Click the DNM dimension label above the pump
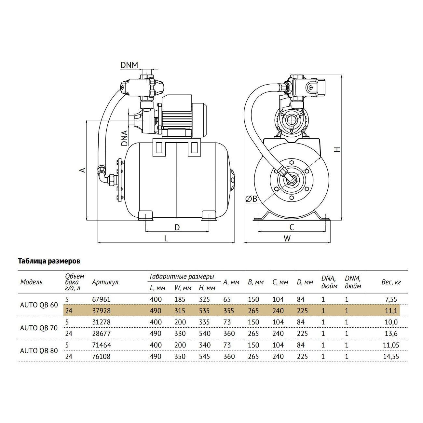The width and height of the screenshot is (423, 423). (129, 65)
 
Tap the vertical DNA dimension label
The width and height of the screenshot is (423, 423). (124, 138)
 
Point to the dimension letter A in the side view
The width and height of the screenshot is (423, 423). (83, 170)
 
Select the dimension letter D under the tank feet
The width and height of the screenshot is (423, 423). (177, 227)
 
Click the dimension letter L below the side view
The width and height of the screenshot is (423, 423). (166, 239)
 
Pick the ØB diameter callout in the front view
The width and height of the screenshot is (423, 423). (251, 199)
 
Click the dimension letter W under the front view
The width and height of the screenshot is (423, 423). (287, 239)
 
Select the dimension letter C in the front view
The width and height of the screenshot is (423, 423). (292, 227)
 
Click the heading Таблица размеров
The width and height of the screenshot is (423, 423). (49, 261)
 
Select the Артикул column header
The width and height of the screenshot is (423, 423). (105, 282)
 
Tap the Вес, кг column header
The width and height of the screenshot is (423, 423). (391, 282)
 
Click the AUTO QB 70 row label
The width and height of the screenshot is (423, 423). (39, 328)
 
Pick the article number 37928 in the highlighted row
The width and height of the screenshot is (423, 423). (101, 311)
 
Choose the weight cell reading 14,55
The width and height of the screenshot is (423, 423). (390, 357)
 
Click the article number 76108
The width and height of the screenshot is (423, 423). (101, 357)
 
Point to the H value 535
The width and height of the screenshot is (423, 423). (204, 311)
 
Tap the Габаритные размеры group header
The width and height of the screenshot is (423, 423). (182, 277)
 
